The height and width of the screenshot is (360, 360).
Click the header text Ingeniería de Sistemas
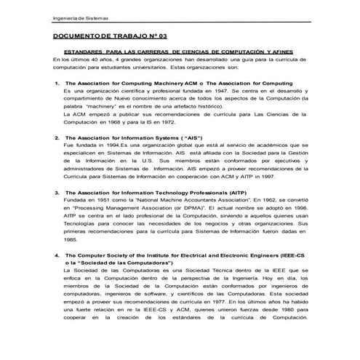tap(79, 18)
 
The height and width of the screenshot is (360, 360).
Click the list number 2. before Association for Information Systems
tap(57, 137)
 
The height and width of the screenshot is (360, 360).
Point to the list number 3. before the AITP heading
tap(57, 191)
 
